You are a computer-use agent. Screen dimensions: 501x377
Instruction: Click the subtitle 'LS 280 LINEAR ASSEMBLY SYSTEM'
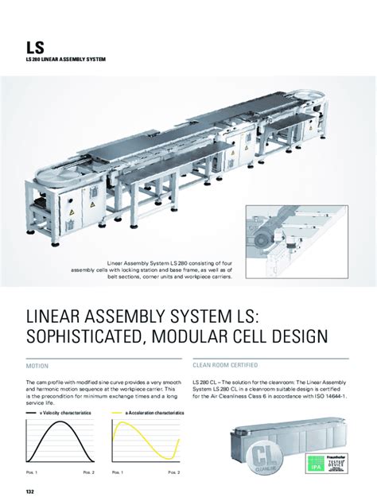[65, 60]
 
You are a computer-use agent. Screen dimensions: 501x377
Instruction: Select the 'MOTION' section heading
[37, 367]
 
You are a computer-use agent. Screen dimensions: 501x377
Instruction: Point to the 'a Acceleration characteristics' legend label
[153, 414]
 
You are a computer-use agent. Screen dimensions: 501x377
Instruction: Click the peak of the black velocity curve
[60, 422]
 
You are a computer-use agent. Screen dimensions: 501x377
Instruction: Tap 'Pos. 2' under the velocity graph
[87, 473]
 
